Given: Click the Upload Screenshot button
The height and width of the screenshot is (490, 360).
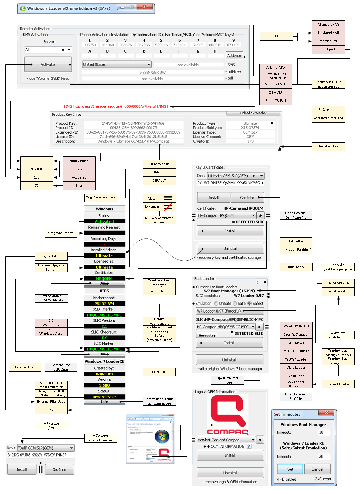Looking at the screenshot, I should pyautogui.click(x=253, y=113).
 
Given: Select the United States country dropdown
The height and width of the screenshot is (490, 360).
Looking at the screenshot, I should pyautogui.click(x=117, y=65).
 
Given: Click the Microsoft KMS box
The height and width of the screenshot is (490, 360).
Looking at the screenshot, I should pyautogui.click(x=328, y=25).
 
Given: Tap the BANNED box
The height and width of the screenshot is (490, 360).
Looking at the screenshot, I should pyautogui.click(x=159, y=172).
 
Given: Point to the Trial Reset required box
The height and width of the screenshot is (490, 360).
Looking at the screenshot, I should pyautogui.click(x=101, y=198).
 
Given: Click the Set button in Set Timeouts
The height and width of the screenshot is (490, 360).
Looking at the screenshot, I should pyautogui.click(x=290, y=469).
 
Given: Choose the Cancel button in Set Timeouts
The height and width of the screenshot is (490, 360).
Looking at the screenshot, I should pyautogui.click(x=317, y=469).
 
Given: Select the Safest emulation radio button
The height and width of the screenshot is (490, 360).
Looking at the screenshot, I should pyautogui.click(x=249, y=304).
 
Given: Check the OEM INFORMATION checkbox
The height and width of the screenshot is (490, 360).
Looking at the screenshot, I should pyautogui.click(x=249, y=446).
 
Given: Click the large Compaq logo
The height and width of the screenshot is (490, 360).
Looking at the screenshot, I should pyautogui.click(x=228, y=414).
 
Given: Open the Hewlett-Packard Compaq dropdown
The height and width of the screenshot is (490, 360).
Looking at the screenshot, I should pyautogui.click(x=226, y=440).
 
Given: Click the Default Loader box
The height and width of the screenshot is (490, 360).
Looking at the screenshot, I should pyautogui.click(x=338, y=384).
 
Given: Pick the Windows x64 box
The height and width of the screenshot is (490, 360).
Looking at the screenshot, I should pyautogui.click(x=338, y=283).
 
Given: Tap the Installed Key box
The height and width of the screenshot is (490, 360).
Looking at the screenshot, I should pyautogui.click(x=328, y=146).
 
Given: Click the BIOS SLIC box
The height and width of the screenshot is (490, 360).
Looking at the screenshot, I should pyautogui.click(x=159, y=372).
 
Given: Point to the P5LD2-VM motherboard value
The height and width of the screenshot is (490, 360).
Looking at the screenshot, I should pyautogui.click(x=104, y=304).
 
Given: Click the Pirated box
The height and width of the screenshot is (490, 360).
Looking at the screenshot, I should pyautogui.click(x=79, y=169).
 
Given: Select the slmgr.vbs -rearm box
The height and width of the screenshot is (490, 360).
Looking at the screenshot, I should pyautogui.click(x=61, y=233).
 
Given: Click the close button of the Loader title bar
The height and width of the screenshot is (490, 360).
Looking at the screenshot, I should pyautogui.click(x=145, y=7).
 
